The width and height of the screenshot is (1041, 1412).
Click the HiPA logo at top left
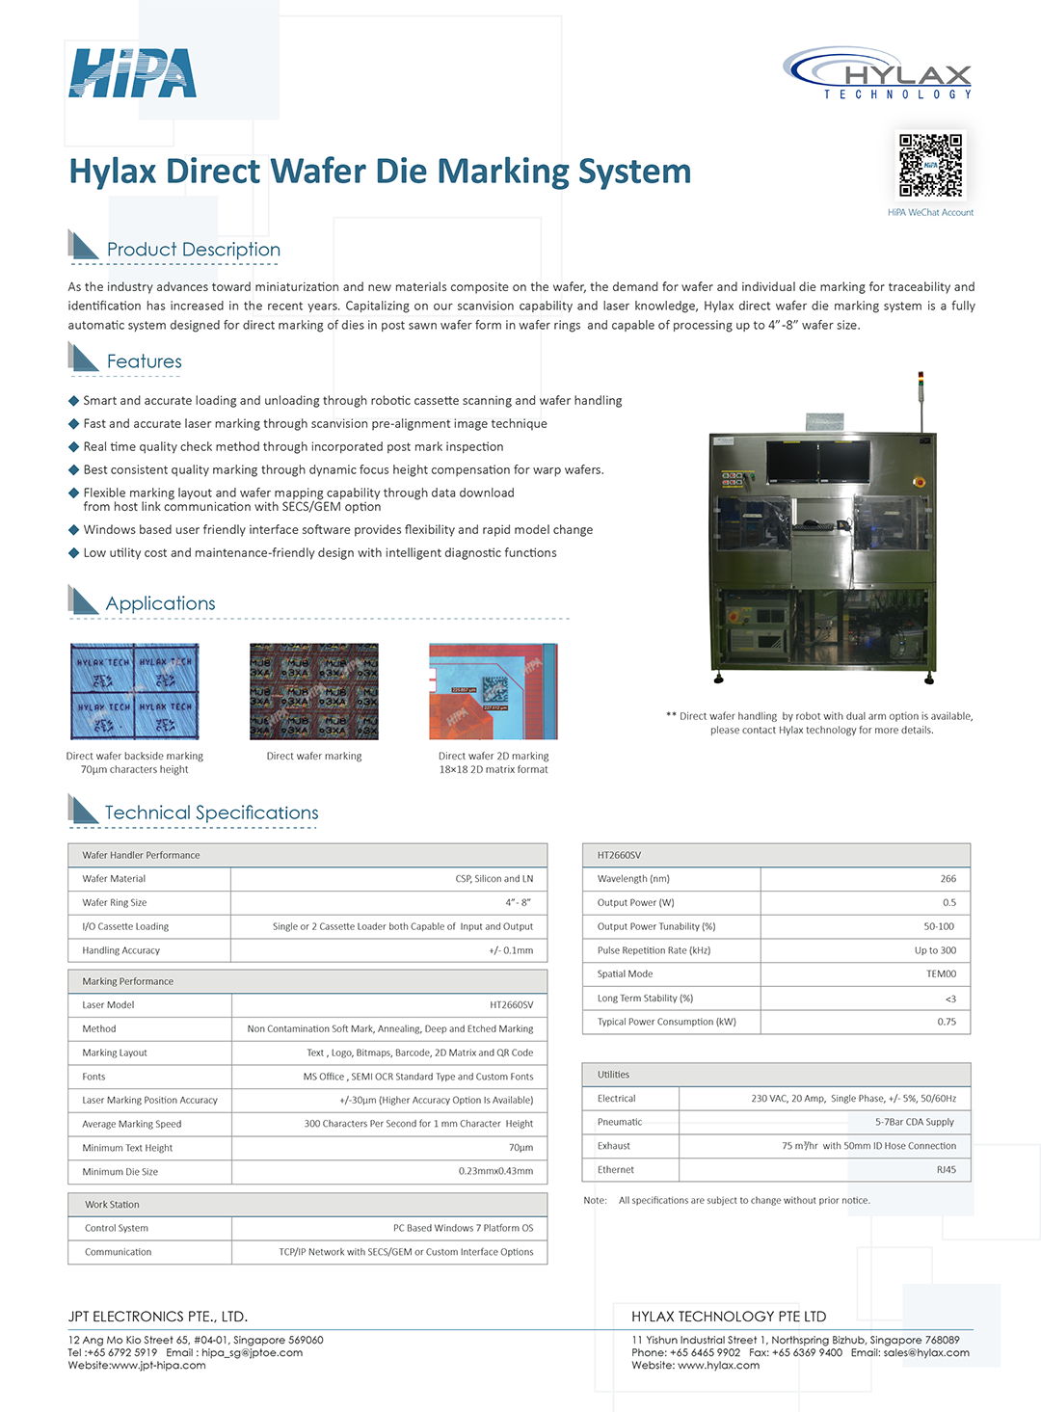[133, 74]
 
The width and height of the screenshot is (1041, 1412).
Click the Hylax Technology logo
[878, 73]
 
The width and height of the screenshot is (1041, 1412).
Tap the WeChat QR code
[930, 165]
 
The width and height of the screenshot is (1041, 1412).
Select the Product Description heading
[193, 250]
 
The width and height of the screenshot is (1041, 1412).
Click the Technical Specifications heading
[211, 813]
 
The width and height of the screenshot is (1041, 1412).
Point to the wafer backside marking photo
[135, 692]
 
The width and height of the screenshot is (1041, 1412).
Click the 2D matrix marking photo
[493, 692]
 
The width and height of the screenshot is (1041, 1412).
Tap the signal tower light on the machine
[921, 383]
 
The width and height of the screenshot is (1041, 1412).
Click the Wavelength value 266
[948, 879]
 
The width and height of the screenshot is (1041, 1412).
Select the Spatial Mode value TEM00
[941, 974]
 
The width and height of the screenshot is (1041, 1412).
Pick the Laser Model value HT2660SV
[511, 1005]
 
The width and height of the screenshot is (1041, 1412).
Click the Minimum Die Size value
[495, 1172]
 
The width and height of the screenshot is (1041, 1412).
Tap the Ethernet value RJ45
[946, 1170]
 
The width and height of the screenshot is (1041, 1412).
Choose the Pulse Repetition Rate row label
[654, 950]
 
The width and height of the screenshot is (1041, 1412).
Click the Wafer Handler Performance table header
[141, 855]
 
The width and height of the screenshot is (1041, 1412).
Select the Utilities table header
[613, 1075]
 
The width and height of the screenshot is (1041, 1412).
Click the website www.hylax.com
[718, 1365]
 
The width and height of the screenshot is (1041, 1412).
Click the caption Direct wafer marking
[314, 757]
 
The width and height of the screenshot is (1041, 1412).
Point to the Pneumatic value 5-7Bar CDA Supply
[914, 1122]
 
